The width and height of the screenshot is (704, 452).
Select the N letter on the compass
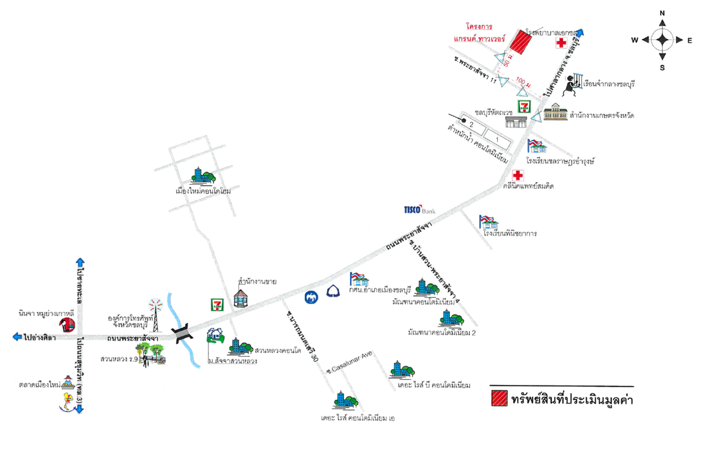pos(662,13)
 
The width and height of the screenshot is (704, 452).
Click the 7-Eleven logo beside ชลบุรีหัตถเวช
pos(522,106)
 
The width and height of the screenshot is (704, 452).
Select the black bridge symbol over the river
pos(182,334)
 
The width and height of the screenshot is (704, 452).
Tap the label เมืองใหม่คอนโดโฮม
pos(202,191)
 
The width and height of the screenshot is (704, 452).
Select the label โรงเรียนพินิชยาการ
pos(510,233)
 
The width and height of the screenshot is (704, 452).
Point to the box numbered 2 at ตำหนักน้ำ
pos(471,126)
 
